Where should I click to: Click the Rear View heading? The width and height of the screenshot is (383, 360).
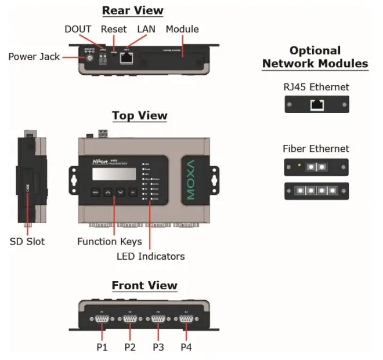132,10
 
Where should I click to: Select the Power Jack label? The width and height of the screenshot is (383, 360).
34,56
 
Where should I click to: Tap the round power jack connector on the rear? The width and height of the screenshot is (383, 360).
90,59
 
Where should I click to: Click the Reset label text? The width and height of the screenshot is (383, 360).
113,29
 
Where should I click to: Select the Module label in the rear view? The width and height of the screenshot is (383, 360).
182,29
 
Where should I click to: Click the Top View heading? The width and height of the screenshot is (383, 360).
139,116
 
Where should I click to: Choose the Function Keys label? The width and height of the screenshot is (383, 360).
109,241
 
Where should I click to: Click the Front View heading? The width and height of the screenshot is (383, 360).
144,286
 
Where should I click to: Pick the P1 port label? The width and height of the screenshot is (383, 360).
102,347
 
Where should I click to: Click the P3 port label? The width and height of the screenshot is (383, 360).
158,347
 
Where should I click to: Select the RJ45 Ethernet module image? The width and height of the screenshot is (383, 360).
316,104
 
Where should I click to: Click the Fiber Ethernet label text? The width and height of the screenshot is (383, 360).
316,148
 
